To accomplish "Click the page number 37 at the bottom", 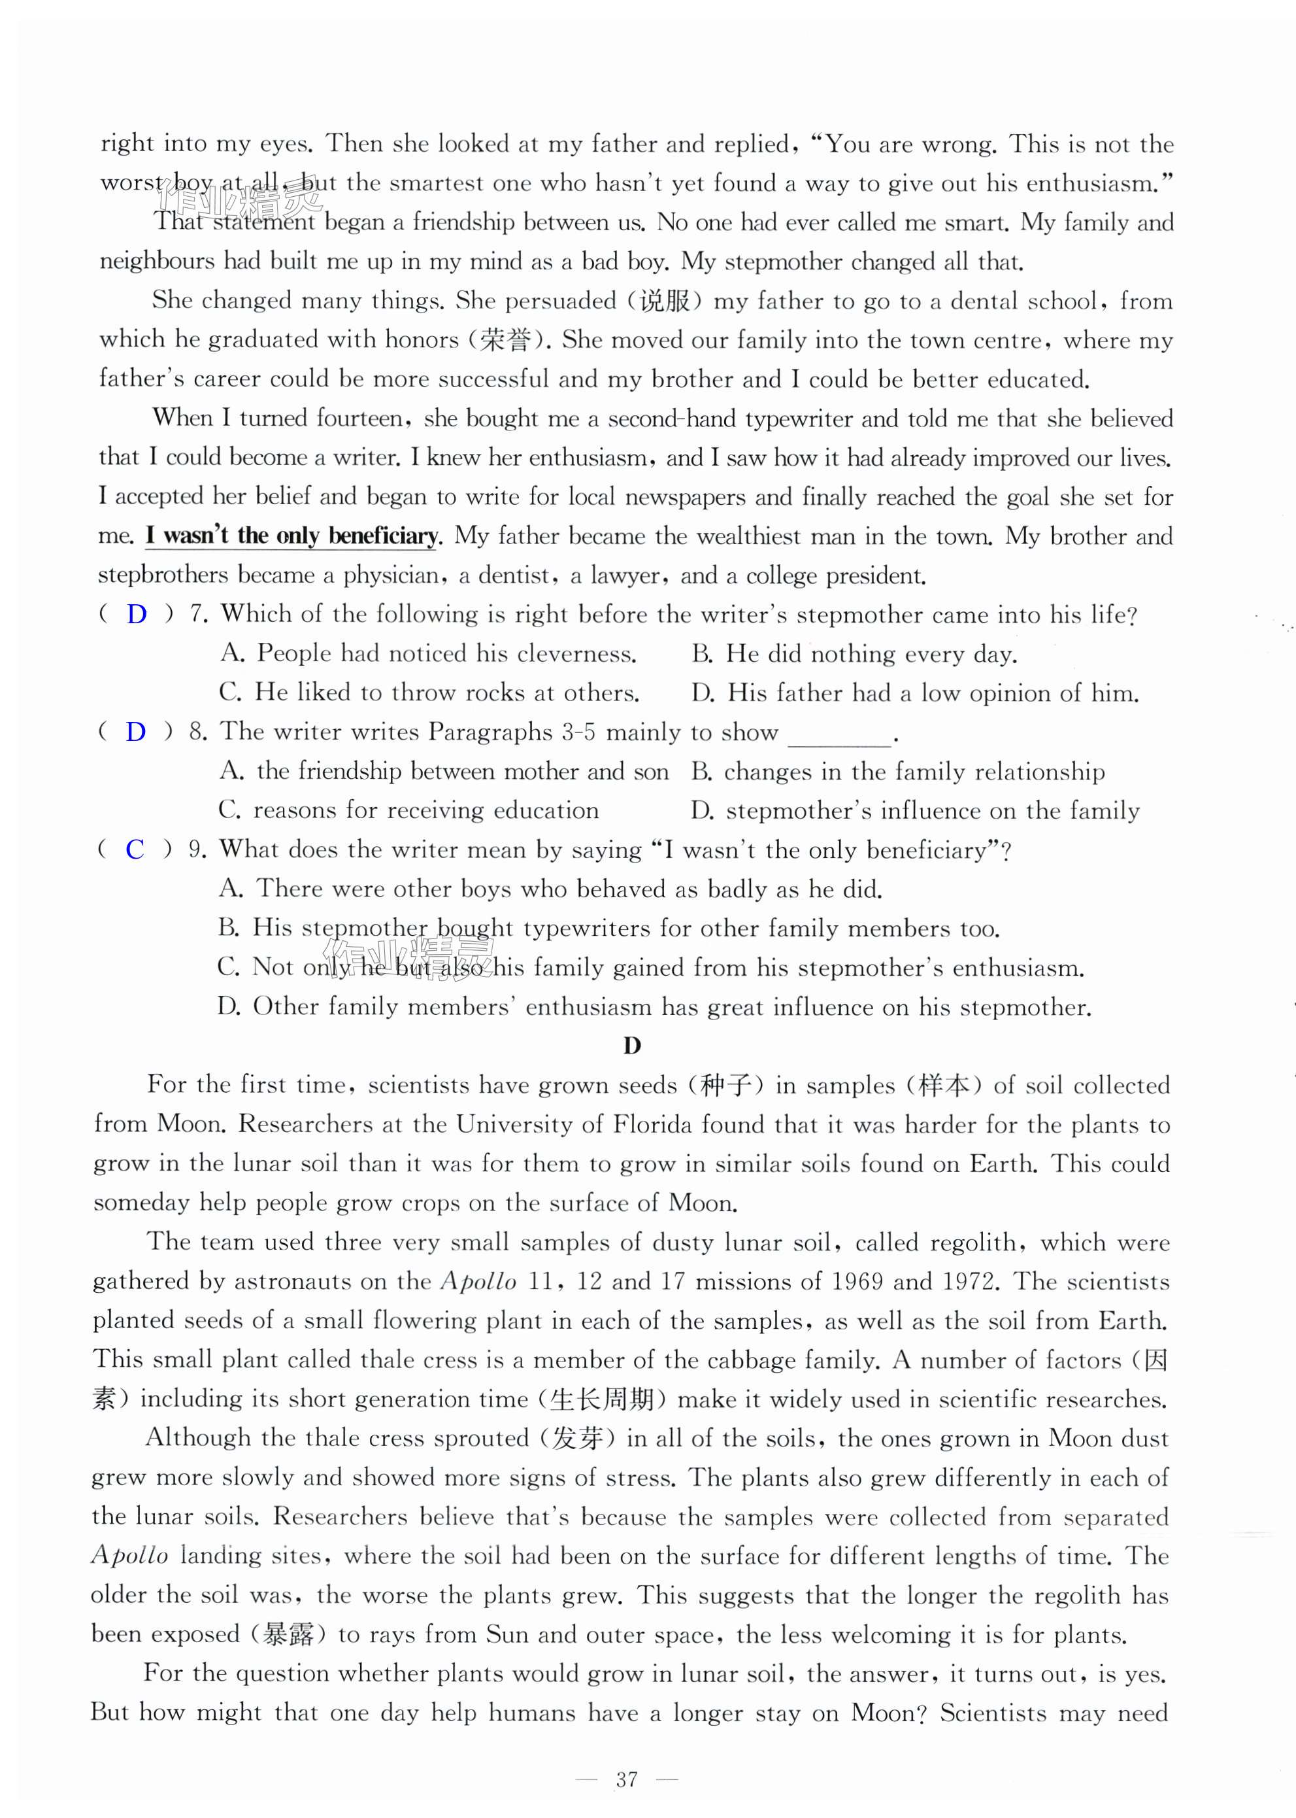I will coord(627,1778).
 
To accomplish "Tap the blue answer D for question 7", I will coord(137,614).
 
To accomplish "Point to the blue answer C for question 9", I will coord(135,849).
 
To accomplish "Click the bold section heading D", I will coord(632,1045).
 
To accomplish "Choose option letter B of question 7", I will coord(701,654).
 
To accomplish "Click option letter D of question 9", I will coord(228,1007).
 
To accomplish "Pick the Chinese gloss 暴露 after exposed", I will coord(289,1634).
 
